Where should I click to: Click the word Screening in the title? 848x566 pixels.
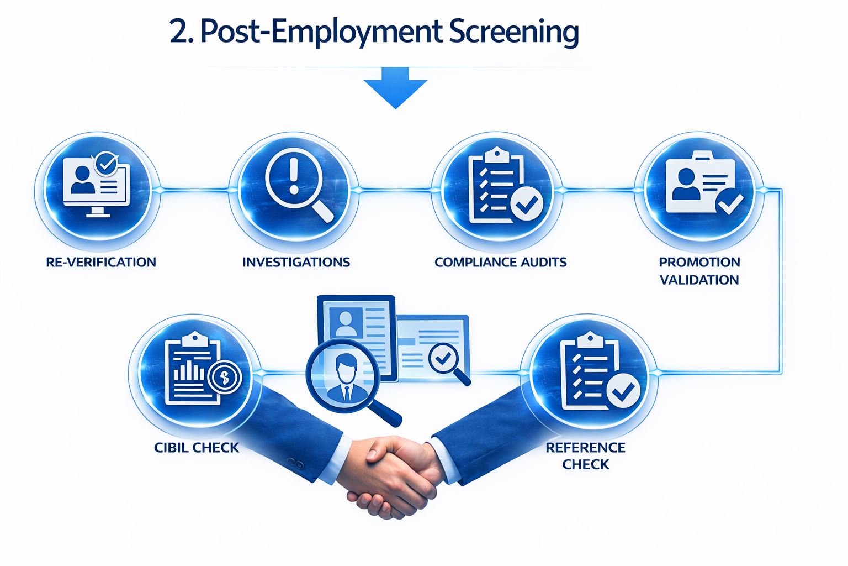tap(514, 32)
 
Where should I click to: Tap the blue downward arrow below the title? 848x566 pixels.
tap(395, 87)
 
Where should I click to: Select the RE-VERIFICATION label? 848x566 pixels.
tap(101, 262)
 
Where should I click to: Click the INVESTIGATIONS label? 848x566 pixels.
tap(296, 262)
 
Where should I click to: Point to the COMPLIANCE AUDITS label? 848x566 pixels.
tap(500, 262)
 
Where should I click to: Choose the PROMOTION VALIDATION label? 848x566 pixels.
tap(699, 271)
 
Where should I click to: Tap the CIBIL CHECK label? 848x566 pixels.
tap(197, 448)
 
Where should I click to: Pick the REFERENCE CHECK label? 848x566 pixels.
tap(585, 456)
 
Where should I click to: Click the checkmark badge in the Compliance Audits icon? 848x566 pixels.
tap(527, 204)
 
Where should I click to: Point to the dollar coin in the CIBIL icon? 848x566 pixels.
tap(224, 378)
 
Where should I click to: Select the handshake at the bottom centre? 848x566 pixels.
tap(389, 473)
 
